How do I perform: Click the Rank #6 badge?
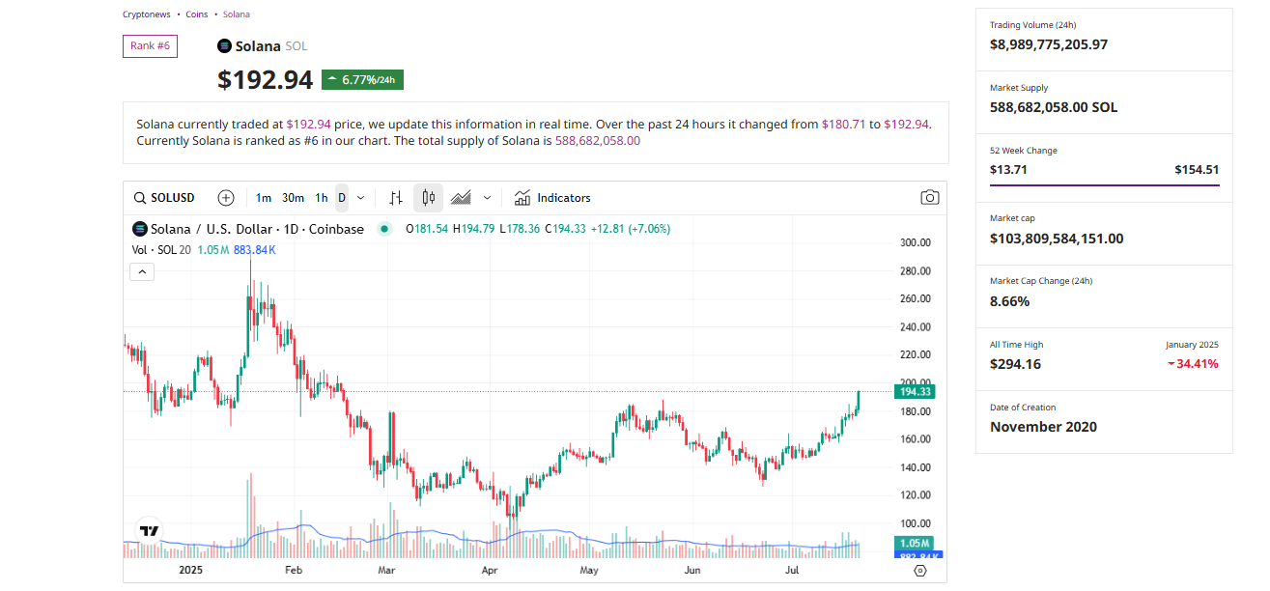(x=150, y=45)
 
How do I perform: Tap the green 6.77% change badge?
(x=362, y=80)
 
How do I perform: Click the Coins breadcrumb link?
(x=197, y=14)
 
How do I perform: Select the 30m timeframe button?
(x=293, y=198)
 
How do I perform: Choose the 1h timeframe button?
(x=322, y=198)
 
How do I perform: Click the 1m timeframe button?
(x=263, y=198)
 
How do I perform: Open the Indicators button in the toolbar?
(x=552, y=198)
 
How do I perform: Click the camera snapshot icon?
(x=929, y=198)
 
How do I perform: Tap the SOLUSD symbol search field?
(x=164, y=198)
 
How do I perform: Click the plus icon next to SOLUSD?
(x=226, y=198)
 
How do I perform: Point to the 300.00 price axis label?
(x=915, y=242)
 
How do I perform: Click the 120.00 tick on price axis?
(x=915, y=495)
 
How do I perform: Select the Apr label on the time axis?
(x=489, y=570)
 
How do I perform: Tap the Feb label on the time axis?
(x=294, y=570)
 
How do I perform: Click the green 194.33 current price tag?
(x=914, y=392)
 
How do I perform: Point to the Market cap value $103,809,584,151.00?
(x=1057, y=239)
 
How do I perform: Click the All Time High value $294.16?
(x=1015, y=364)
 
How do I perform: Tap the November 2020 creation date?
(x=1043, y=427)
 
